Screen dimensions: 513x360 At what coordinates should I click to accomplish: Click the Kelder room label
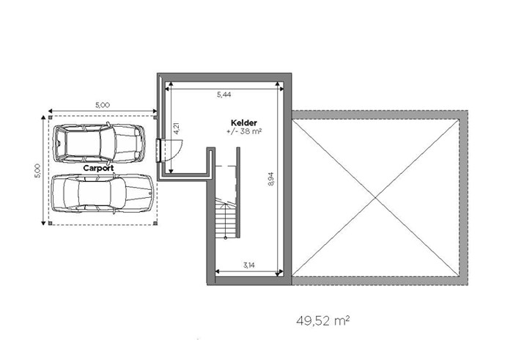pyautogui.click(x=244, y=122)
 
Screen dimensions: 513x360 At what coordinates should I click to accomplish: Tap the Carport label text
pyautogui.click(x=98, y=168)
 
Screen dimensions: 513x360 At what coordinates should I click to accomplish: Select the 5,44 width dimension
pyautogui.click(x=224, y=95)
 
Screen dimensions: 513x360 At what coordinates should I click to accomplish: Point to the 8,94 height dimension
pyautogui.click(x=270, y=180)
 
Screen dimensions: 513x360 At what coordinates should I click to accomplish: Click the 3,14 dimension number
pyautogui.click(x=249, y=265)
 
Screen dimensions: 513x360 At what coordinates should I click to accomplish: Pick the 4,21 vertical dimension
pyautogui.click(x=177, y=128)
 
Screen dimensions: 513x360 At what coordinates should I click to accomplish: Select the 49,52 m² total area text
pyautogui.click(x=323, y=320)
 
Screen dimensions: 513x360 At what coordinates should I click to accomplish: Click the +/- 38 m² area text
pyautogui.click(x=244, y=131)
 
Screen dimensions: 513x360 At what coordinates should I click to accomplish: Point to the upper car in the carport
pyautogui.click(x=99, y=144)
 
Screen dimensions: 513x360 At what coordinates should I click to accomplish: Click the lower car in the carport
pyautogui.click(x=103, y=194)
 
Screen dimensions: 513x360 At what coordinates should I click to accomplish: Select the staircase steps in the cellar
pyautogui.click(x=226, y=218)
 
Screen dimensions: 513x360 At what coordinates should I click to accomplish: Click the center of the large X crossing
pyautogui.click(x=375, y=198)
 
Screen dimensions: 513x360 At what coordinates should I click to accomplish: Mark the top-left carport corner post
pyautogui.click(x=50, y=117)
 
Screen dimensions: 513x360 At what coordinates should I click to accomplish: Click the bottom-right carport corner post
pyautogui.click(x=155, y=223)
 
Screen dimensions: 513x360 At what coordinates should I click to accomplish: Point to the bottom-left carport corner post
pyautogui.click(x=50, y=223)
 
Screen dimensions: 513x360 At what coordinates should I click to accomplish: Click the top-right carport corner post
pyautogui.click(x=155, y=117)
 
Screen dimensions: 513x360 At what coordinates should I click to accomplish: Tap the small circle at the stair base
pyautogui.click(x=226, y=238)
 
